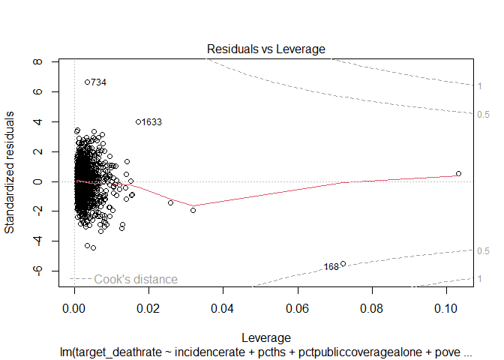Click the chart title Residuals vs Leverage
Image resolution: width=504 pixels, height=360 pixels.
coord(265,49)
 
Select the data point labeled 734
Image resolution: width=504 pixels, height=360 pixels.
coord(87,82)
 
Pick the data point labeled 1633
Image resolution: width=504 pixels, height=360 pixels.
coord(138,121)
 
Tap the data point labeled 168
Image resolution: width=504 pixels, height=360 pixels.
coord(343,263)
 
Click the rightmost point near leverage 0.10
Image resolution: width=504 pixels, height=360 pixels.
coord(458,173)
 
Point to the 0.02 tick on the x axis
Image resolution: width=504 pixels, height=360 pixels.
coord(149,307)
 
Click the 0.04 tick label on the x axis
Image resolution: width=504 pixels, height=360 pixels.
coord(223,307)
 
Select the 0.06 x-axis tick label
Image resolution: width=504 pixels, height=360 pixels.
coord(298,307)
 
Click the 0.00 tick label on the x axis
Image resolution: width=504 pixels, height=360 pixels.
coord(74,307)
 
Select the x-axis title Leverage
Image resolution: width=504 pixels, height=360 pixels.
coord(265,337)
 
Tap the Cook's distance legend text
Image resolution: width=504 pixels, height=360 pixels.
coord(136,279)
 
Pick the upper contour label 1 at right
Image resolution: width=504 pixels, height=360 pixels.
coord(479,86)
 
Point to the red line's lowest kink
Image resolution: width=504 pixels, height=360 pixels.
coord(193,205)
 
